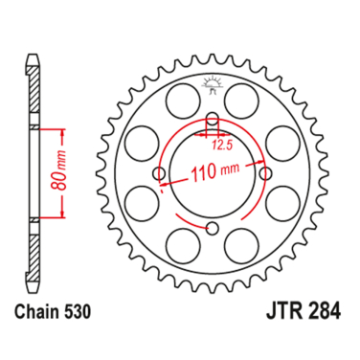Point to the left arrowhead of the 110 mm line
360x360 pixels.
[164, 180]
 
